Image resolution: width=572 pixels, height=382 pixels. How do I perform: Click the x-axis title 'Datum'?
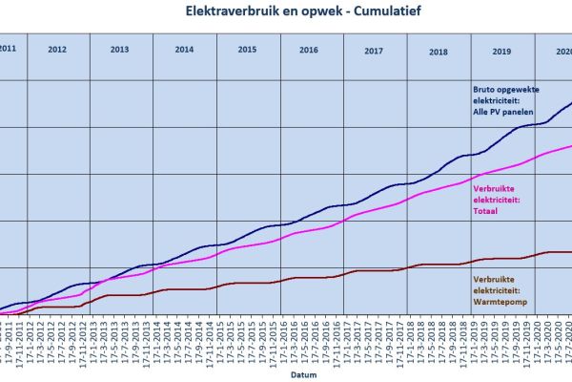click(x=302, y=376)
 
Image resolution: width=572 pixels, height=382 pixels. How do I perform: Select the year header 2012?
click(x=57, y=48)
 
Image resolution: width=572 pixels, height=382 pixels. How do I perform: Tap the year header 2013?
click(x=119, y=48)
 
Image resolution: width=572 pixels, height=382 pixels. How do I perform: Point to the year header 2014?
click(x=184, y=48)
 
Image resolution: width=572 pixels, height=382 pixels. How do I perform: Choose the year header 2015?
click(x=247, y=48)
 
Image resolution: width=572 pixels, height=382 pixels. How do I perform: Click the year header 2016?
click(x=309, y=48)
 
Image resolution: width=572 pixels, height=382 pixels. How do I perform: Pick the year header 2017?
click(x=374, y=48)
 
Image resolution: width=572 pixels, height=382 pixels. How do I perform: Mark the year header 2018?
click(x=438, y=48)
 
